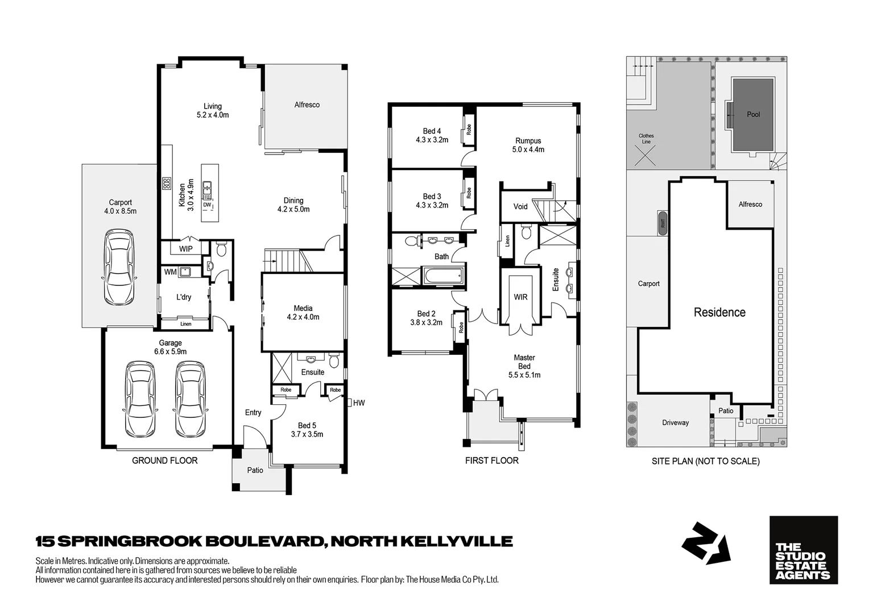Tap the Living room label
click(213, 106)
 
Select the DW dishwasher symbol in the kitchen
click(207, 205)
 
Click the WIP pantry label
click(185, 249)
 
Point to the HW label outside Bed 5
click(359, 403)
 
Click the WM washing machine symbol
click(184, 272)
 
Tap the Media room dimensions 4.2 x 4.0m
click(303, 317)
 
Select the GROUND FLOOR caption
click(164, 460)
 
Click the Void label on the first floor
click(520, 207)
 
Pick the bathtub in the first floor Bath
click(442, 277)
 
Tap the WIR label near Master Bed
click(520, 297)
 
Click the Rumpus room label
click(528, 141)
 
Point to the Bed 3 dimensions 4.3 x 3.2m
click(432, 205)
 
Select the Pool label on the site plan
click(753, 114)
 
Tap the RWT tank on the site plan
click(663, 222)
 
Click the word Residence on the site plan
click(719, 312)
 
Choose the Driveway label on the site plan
click(675, 423)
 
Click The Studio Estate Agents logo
click(803, 550)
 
